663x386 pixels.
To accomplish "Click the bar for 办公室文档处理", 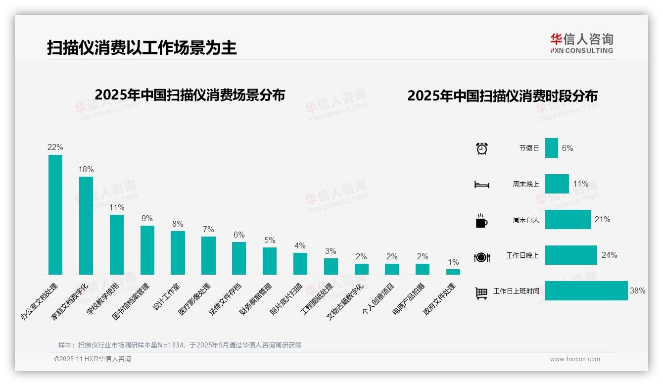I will coord(55,215).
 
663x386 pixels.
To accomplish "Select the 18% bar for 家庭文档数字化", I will coord(86,226).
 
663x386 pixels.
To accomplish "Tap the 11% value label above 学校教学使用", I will coord(117,208).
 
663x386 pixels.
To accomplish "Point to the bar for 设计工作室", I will coord(178,253).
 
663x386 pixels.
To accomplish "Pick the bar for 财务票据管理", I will coord(270,261).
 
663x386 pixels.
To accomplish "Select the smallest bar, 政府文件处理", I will coord(453,272).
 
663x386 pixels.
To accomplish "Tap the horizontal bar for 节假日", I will coord(552,148).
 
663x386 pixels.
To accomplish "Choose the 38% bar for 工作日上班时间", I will coord(586,290).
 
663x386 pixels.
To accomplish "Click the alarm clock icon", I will coord(482,148).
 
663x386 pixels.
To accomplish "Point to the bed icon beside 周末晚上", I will coord(482,185).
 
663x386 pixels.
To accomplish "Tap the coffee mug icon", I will coord(481,221).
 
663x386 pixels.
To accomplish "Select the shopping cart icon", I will coord(481,293).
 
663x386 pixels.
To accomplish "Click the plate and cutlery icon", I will coord(482,257).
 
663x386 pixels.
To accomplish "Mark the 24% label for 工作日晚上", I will coord(609,255).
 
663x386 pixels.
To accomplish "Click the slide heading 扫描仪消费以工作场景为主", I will coord(142,48).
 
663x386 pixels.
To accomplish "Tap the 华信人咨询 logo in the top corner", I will coord(581,43).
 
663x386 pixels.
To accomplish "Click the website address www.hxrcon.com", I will coord(575,359).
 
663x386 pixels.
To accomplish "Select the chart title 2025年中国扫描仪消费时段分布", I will coord(502,96).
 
